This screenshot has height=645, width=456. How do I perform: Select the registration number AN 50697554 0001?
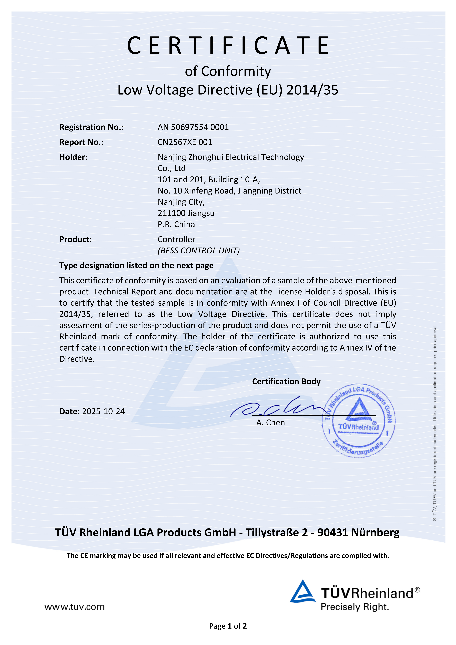[193, 127]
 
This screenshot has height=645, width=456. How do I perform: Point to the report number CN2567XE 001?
[185, 142]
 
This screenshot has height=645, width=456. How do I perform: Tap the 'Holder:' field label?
[73, 157]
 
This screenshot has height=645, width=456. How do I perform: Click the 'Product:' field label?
[75, 239]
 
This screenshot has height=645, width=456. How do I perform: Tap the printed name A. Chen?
[270, 423]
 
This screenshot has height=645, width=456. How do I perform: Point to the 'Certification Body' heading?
[286, 381]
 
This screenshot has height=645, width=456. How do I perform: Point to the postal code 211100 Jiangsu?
[186, 213]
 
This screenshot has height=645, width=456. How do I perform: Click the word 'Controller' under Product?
[176, 239]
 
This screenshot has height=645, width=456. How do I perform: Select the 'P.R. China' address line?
[176, 224]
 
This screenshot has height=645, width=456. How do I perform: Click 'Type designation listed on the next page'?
[136, 265]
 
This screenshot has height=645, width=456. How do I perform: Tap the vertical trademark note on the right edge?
[435, 421]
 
